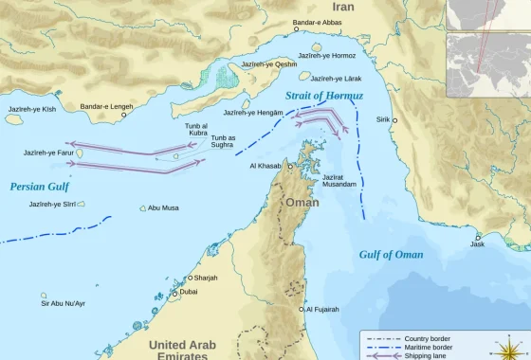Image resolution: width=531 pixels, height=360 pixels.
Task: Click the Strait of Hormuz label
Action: (x=323, y=96)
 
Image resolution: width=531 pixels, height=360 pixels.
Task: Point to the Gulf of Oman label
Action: (x=391, y=254)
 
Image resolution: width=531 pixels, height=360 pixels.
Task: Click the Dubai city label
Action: (x=189, y=292)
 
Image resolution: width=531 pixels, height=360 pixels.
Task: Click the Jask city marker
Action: (x=478, y=237)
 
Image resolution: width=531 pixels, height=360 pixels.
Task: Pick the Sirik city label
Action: (x=382, y=120)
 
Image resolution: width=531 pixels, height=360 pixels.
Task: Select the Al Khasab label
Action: (x=265, y=166)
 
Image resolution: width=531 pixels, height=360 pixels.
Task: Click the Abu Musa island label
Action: (x=163, y=207)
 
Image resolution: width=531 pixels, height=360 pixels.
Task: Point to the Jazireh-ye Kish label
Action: (x=32, y=110)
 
